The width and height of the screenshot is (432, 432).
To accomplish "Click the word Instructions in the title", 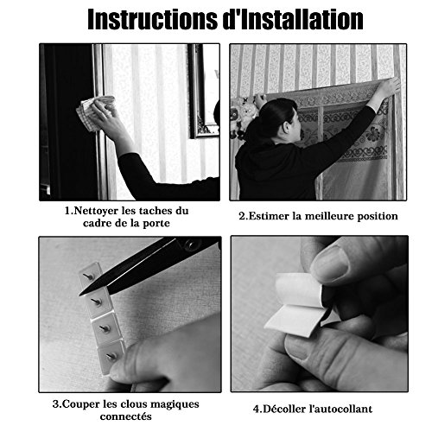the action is pyautogui.click(x=153, y=19).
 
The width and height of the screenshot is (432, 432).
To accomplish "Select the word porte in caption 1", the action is pyautogui.click(x=156, y=224).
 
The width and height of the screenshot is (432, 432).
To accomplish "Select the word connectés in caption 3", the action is pyautogui.click(x=126, y=416).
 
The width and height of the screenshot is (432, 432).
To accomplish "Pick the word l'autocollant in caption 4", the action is pyautogui.click(x=340, y=409).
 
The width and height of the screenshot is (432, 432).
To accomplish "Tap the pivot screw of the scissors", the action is pyautogui.click(x=190, y=245).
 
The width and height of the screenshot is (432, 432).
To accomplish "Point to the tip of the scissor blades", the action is pyautogui.click(x=80, y=295).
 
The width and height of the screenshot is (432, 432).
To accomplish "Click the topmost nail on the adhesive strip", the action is pyautogui.click(x=88, y=276).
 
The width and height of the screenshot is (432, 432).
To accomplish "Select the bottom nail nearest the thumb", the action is pyautogui.click(x=111, y=357).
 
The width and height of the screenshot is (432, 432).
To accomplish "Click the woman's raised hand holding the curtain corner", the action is pyautogui.click(x=388, y=88).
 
